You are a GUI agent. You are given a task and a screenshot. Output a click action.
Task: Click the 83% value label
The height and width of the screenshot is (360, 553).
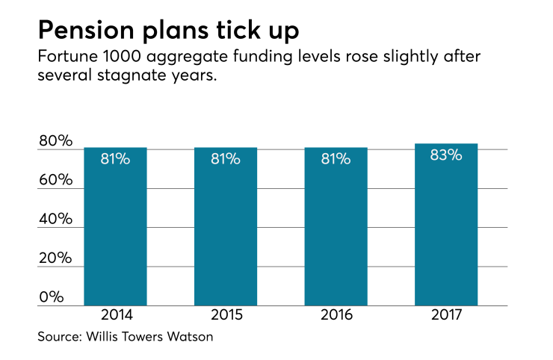(x=446, y=156)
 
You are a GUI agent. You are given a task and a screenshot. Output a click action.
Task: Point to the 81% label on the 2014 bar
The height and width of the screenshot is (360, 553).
(x=115, y=159)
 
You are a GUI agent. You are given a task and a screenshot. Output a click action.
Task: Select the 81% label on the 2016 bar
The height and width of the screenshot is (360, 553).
(x=336, y=159)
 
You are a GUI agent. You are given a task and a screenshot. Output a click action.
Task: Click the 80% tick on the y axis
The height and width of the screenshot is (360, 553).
(x=55, y=141)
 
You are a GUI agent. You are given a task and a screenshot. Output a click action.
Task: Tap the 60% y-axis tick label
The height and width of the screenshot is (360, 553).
(x=55, y=180)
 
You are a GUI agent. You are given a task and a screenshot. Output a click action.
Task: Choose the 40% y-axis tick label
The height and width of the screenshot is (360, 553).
(x=55, y=219)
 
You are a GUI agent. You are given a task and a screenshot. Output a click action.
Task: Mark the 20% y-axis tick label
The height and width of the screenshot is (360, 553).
(x=55, y=258)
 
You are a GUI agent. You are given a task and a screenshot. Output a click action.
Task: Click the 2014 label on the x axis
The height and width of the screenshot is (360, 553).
(x=115, y=315)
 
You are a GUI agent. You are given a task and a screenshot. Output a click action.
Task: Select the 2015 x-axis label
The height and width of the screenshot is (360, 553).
(x=226, y=315)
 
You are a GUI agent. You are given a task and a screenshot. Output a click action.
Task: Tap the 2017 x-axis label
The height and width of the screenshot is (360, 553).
(x=446, y=315)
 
